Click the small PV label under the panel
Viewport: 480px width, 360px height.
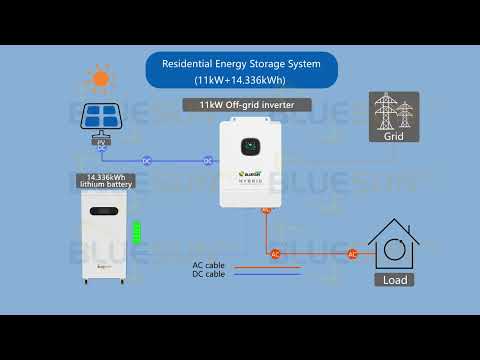click(101, 142)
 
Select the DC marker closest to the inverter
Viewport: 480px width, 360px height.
click(208, 160)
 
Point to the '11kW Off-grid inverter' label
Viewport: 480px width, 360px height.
click(247, 104)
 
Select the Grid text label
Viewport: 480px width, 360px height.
click(394, 138)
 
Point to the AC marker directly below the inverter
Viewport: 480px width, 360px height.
click(267, 209)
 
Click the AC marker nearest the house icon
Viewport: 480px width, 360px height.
click(352, 254)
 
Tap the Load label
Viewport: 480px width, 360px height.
click(394, 280)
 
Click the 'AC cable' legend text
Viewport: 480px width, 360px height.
click(208, 265)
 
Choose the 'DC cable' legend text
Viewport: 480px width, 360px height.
click(208, 274)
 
